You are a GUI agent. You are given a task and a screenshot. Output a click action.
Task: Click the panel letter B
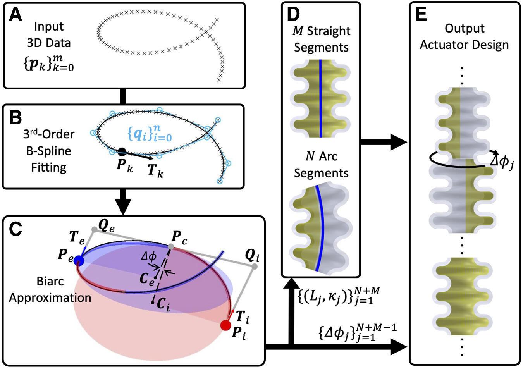[15, 117]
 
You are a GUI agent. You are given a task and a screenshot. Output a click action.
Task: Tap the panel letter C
[15, 229]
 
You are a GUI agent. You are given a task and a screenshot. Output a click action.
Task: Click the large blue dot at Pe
[79, 260]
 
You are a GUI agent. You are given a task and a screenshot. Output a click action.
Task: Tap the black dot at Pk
[122, 151]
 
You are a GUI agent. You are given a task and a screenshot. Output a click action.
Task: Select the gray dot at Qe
[94, 229]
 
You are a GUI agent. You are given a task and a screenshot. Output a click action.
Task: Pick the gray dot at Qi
[255, 267]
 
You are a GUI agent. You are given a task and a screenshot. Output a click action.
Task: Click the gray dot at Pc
[171, 246]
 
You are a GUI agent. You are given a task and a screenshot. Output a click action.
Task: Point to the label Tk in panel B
[156, 170]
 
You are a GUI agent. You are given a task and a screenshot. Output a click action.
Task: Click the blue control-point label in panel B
[149, 134]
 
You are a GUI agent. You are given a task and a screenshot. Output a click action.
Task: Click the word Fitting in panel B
[49, 167]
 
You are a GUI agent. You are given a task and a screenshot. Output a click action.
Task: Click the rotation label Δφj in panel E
[502, 162]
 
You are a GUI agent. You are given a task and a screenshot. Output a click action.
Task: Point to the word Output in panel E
[465, 28]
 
